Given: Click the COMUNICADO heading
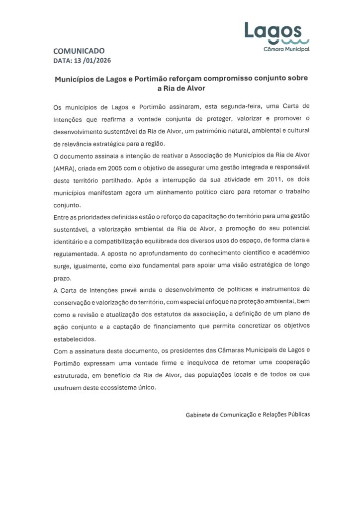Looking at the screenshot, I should point(79,51).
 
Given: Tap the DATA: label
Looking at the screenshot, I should point(62,61).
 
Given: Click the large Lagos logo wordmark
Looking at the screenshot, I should point(273,31).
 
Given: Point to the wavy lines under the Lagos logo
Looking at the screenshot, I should point(289,42).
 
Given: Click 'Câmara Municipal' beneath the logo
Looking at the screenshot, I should point(286,50).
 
